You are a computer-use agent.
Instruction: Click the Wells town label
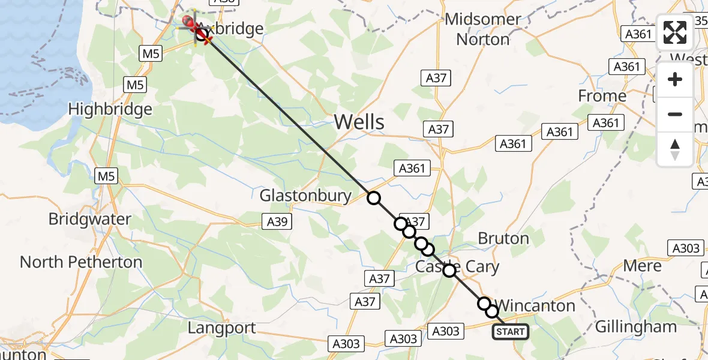359,122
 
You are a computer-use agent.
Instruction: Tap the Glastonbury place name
305,196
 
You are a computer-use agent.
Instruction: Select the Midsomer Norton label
483,29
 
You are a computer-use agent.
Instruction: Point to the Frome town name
602,96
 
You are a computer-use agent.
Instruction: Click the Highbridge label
110,110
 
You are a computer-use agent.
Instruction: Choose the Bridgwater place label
89,219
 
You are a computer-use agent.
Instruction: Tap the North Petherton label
81,262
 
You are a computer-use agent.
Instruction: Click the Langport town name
221,328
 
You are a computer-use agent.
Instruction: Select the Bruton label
503,238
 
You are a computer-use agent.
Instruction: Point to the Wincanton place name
536,306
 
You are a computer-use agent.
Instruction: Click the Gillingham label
635,327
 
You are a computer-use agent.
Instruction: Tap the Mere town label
642,266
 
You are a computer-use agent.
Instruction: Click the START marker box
510,332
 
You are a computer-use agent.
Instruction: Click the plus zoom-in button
675,79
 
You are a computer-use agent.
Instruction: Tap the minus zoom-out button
675,114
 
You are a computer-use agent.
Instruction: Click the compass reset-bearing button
675,149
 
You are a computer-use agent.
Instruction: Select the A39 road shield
277,222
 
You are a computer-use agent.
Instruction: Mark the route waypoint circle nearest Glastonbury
374,198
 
